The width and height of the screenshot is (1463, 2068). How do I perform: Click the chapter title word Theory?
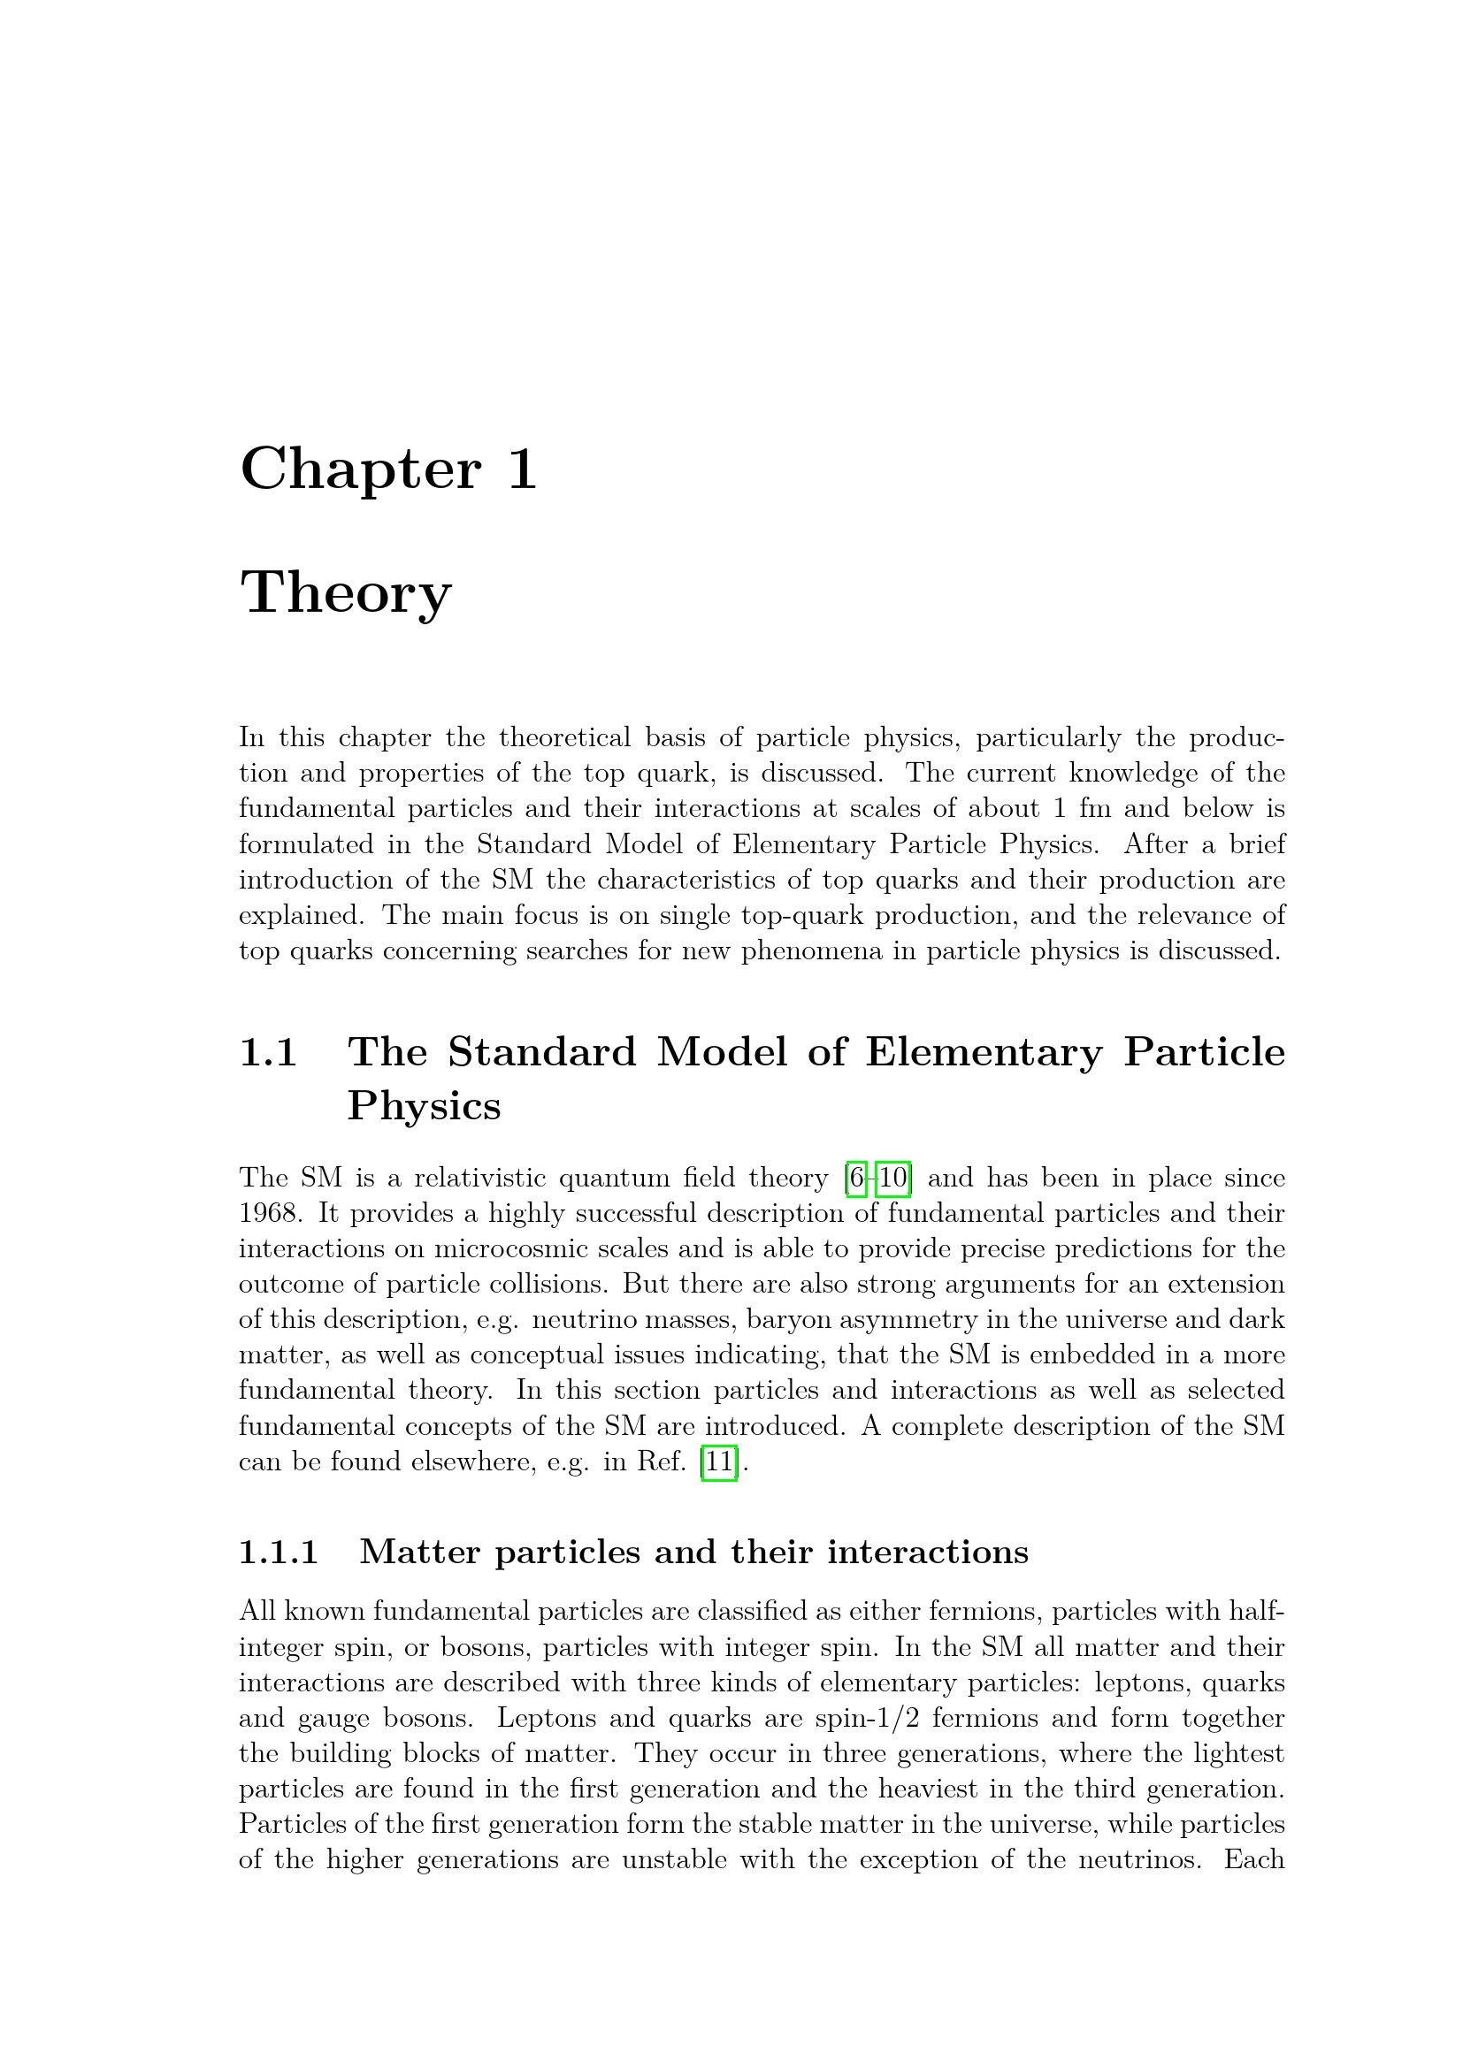(345, 593)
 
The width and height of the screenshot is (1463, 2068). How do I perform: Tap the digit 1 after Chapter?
(523, 469)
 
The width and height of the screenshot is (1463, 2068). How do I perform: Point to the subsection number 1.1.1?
(279, 1552)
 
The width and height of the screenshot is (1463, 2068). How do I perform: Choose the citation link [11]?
(719, 1461)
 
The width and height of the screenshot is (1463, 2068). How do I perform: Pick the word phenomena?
(812, 950)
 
